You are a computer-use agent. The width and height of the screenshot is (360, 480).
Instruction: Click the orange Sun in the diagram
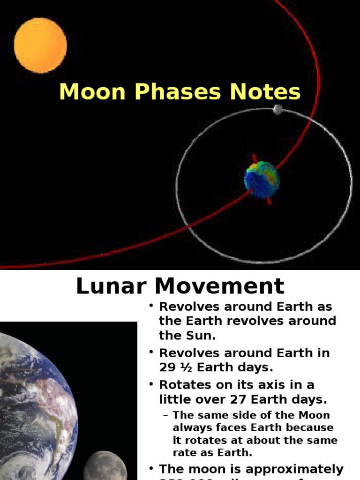click(40, 45)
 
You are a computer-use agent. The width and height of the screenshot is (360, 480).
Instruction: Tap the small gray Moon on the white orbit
click(278, 110)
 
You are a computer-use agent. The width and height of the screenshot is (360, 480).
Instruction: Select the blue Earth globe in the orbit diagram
click(262, 180)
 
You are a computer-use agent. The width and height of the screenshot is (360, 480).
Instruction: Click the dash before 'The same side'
click(165, 415)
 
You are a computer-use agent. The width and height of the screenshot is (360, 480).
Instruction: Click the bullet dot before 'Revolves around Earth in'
click(151, 352)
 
